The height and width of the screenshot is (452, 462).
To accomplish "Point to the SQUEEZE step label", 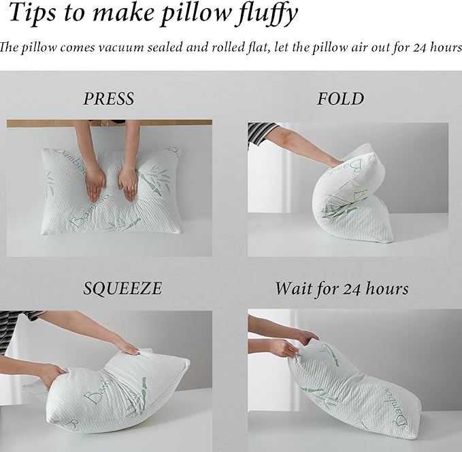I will pos(122,288).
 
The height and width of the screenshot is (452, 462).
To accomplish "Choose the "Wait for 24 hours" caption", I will pos(342,288).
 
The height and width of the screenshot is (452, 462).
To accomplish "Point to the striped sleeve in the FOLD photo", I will pos(261,131).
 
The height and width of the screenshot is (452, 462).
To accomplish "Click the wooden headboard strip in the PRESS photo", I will pos(109,123).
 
